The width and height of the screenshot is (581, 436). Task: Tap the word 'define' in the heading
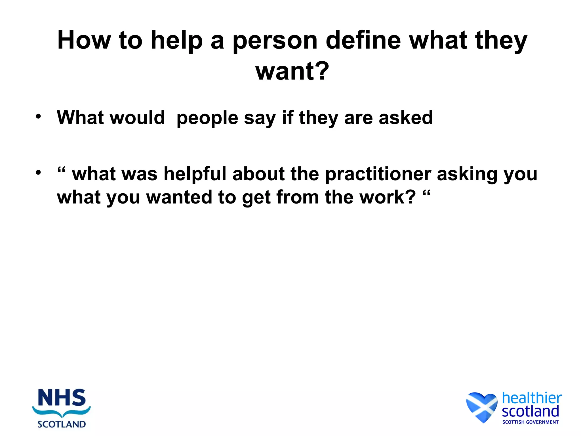point(363,40)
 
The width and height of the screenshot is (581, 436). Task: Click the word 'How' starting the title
point(84,40)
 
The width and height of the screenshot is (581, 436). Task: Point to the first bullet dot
point(38,116)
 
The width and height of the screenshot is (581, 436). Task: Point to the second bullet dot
point(38,172)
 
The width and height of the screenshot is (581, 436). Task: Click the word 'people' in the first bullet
point(207,118)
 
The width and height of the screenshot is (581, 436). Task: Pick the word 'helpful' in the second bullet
point(195,174)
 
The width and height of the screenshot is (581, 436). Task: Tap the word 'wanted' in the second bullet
point(179,197)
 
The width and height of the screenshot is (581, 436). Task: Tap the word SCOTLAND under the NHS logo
point(62,424)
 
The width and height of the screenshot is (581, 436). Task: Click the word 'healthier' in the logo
point(531,398)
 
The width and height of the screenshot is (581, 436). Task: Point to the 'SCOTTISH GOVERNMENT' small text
point(530,422)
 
